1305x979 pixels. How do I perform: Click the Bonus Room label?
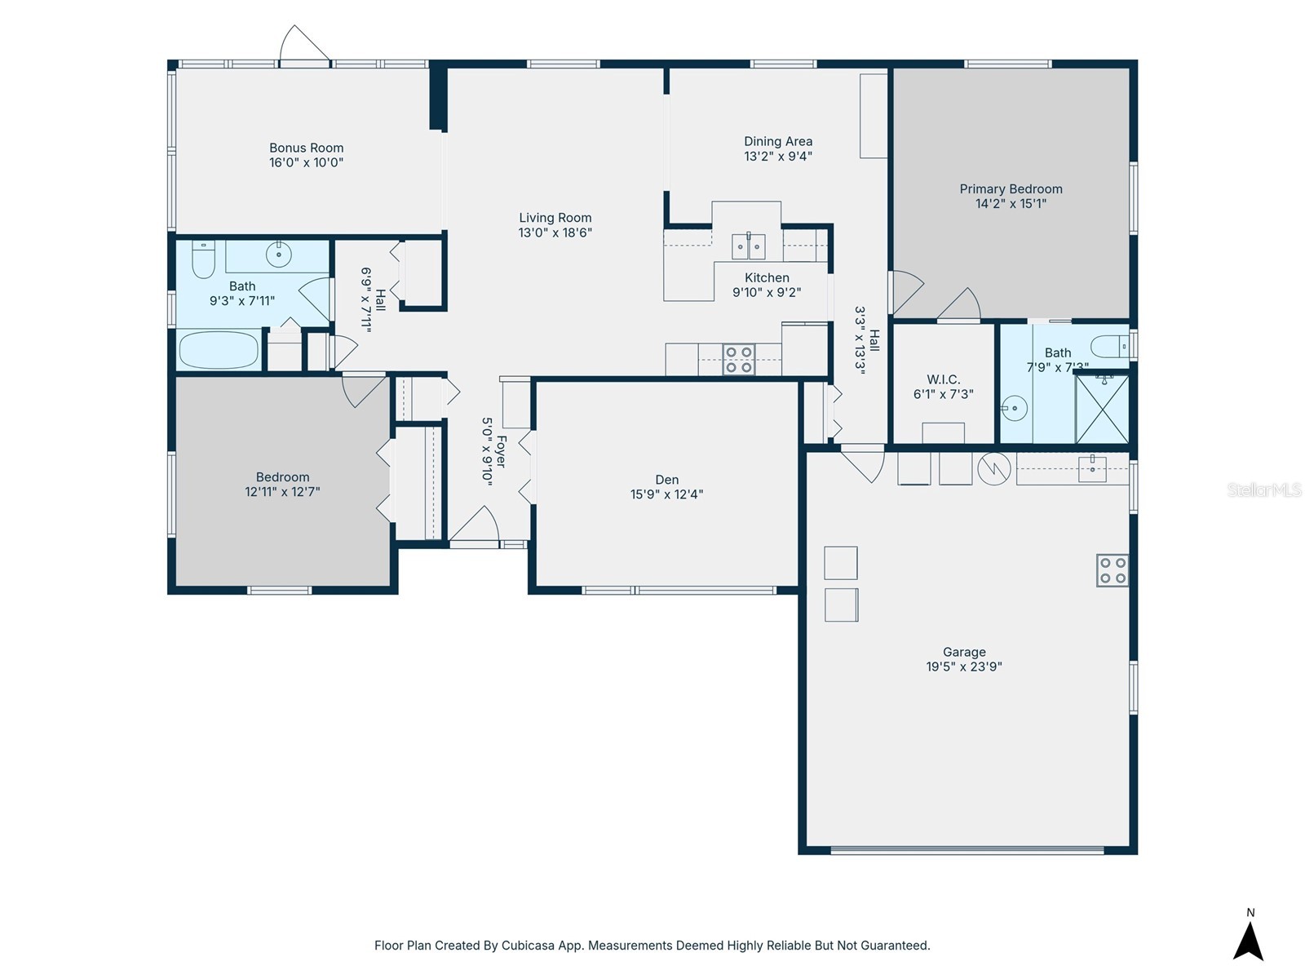click(x=306, y=148)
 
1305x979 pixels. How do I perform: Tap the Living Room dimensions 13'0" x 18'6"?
click(x=555, y=233)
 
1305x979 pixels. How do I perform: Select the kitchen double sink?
click(x=748, y=246)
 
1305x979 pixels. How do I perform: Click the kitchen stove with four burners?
click(x=739, y=360)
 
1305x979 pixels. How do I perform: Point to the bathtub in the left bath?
click(x=218, y=351)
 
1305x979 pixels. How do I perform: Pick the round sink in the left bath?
click(x=279, y=255)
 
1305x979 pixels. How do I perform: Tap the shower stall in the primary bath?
click(x=1102, y=408)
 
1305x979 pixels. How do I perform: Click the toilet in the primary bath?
click(x=1109, y=346)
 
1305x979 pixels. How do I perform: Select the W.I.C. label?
click(x=943, y=379)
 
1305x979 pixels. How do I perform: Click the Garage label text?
click(x=964, y=652)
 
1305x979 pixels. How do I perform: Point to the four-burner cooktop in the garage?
click(x=1113, y=570)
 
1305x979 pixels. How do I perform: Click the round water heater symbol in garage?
click(x=993, y=468)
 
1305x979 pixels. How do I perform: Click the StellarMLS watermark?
click(x=1263, y=489)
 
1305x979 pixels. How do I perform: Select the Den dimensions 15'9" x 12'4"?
click(x=666, y=494)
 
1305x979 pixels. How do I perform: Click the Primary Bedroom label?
click(x=1011, y=189)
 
